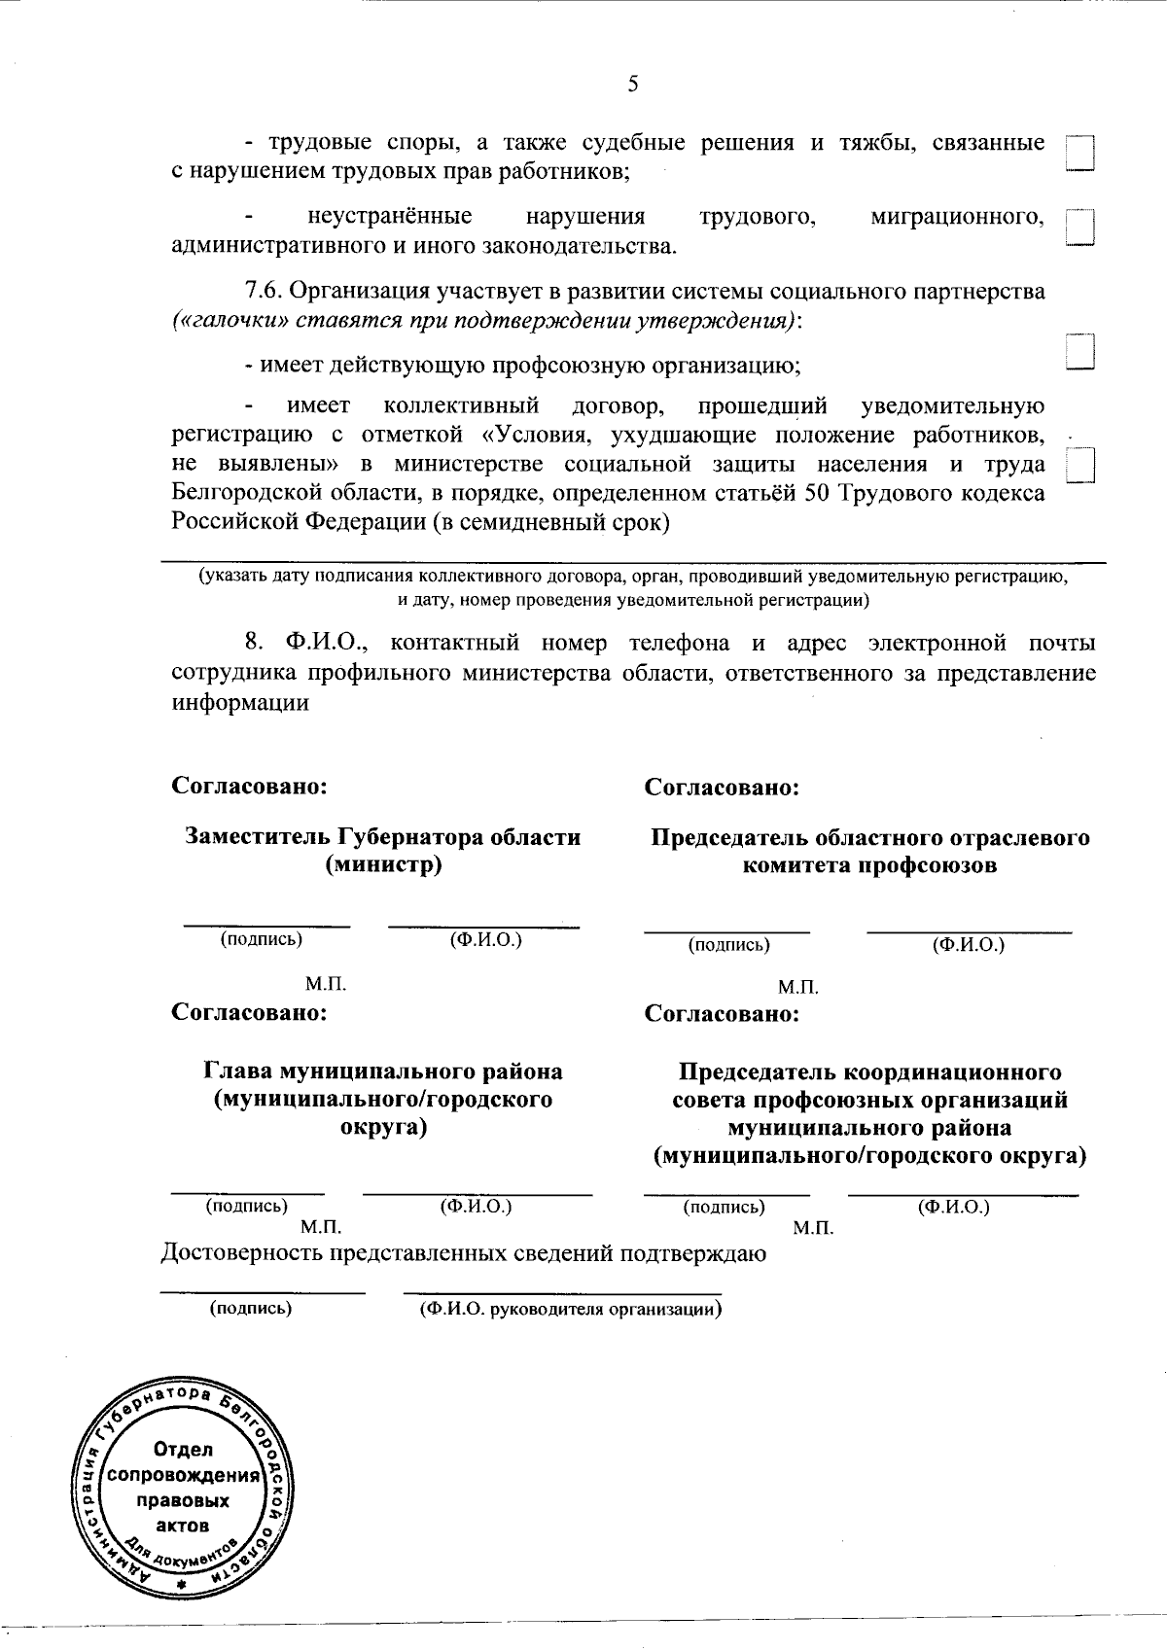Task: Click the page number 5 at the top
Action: pos(633,85)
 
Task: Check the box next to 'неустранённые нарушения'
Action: pos(1080,228)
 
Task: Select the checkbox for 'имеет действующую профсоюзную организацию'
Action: pos(1080,351)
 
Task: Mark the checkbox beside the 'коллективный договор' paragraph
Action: pos(1081,464)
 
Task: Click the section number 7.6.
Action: pos(263,292)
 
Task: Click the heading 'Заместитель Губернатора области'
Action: pos(383,837)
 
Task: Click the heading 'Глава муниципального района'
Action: pos(383,1071)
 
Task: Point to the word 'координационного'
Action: pos(952,1072)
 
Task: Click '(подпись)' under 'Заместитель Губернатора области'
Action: pos(262,939)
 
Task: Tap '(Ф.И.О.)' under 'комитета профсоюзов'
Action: pos(968,944)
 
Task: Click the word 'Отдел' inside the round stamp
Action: pos(184,1451)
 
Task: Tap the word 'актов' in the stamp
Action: pos(184,1526)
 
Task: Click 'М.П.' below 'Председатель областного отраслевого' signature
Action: pos(797,988)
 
